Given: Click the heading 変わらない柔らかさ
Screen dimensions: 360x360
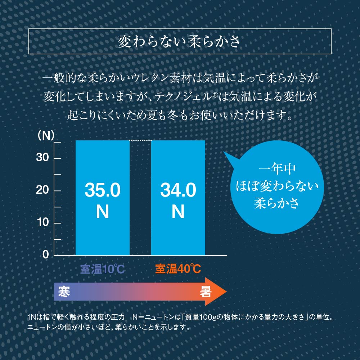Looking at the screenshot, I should pos(180,42).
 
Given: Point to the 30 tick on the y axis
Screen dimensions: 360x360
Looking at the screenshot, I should pos(42,158).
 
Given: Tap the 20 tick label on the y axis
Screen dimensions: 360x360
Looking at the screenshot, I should pos(42,190).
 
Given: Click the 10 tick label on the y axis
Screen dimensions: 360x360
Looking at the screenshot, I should pos(42,222).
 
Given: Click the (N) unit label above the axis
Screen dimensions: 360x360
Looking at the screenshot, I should pos(46,136).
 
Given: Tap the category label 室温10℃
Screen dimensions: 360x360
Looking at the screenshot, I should pos(102,269).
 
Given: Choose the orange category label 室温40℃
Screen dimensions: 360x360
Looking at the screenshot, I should pos(178,269).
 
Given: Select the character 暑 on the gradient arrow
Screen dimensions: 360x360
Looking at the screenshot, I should pos(206,291).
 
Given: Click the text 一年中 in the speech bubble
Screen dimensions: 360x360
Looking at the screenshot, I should pos(277,169).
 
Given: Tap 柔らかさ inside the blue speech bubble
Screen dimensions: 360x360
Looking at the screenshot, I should pos(277,203).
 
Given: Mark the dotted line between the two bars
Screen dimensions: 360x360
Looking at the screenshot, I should pos(140,140).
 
